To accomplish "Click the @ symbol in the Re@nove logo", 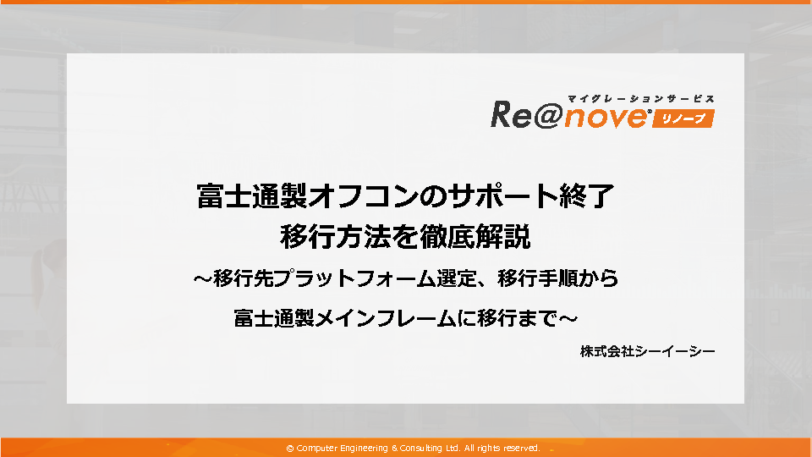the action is (x=547, y=115).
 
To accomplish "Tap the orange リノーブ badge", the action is (x=683, y=118).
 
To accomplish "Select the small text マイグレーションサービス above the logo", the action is (x=641, y=98).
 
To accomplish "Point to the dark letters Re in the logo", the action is (x=511, y=114).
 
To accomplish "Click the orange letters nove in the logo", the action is (x=605, y=117).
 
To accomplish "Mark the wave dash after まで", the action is (x=568, y=318).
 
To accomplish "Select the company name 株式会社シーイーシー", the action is (x=647, y=351).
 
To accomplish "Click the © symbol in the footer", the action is (x=290, y=449).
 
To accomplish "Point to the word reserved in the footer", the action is (x=522, y=449).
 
